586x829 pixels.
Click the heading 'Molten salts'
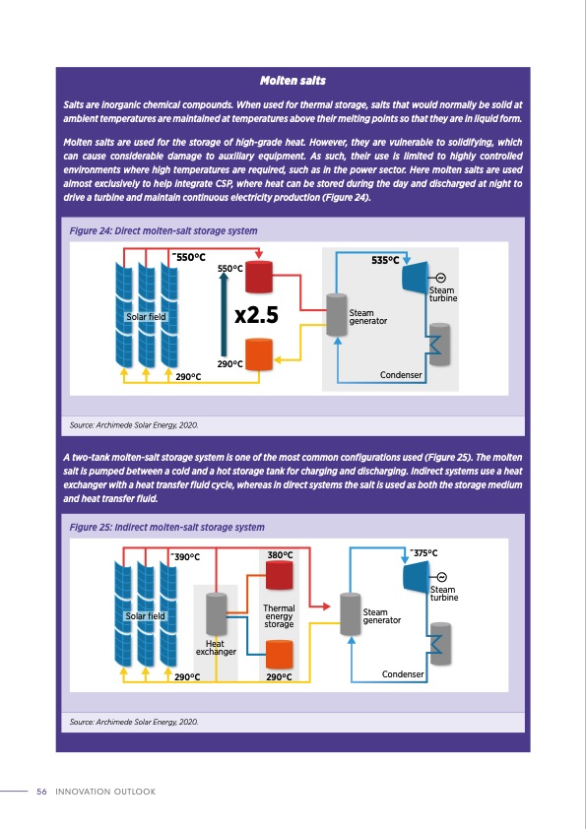[x=293, y=79]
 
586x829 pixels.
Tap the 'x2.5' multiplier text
[x=258, y=316]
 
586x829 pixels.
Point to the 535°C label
[x=385, y=261]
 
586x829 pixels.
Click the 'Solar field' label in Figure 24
[x=146, y=317]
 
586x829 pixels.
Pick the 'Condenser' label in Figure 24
[x=402, y=375]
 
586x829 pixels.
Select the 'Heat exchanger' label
[x=216, y=647]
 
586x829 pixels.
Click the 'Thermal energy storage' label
[x=279, y=616]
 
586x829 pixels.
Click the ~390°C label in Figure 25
[x=185, y=557]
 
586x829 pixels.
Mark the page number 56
[x=41, y=792]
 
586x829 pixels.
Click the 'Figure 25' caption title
[x=166, y=528]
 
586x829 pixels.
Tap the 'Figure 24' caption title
[x=163, y=230]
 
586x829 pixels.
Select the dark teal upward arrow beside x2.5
[x=225, y=316]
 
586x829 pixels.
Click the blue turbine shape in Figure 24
[x=412, y=279]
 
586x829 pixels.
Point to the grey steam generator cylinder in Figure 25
[x=347, y=614]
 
